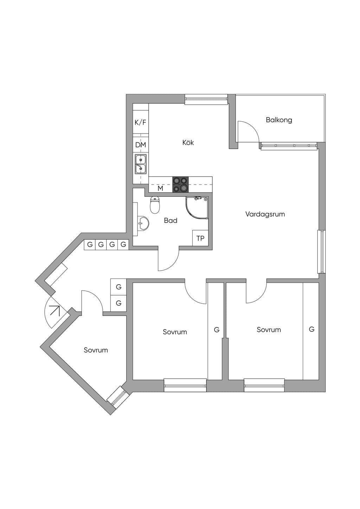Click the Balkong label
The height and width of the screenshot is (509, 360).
tap(279, 120)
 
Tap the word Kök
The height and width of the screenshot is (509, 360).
tap(188, 142)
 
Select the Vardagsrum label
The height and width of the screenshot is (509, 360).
tap(265, 214)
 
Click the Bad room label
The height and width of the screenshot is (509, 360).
tap(171, 220)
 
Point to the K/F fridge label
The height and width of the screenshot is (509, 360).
tap(141, 122)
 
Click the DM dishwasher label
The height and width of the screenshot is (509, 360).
tap(141, 145)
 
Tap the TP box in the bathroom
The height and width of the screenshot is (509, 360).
tap(200, 238)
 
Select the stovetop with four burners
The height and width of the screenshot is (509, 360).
tap(180, 184)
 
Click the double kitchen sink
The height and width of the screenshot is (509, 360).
tap(141, 164)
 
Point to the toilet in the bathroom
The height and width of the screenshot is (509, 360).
tap(155, 205)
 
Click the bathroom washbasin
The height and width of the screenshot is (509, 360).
tap(143, 223)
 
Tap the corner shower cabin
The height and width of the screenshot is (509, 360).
tap(197, 208)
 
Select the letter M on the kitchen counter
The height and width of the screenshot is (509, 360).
tap(160, 188)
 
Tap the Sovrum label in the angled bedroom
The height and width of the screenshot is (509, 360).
tap(96, 350)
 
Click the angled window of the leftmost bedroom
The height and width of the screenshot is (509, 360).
tap(116, 395)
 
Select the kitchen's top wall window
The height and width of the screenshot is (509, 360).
tap(206, 99)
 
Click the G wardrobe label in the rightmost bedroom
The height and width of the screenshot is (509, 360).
tap(311, 329)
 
